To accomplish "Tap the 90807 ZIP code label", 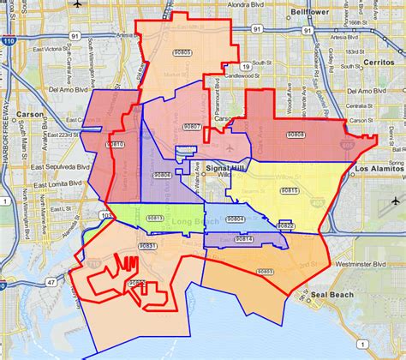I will coord(191,126).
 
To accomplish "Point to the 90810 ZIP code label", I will coord(115,145).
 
